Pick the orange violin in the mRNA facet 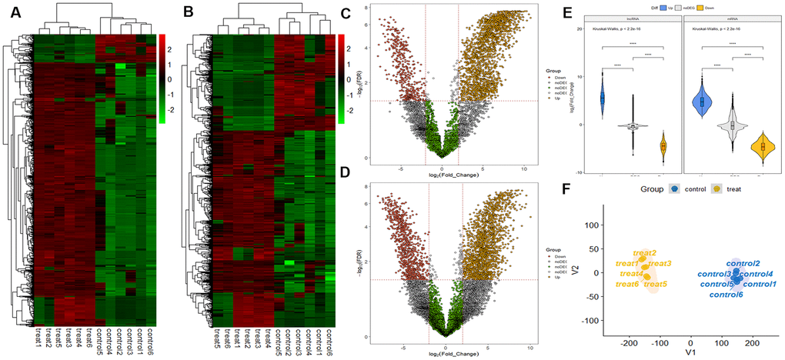(x=763, y=145)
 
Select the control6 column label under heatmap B (x=329, y=338)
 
